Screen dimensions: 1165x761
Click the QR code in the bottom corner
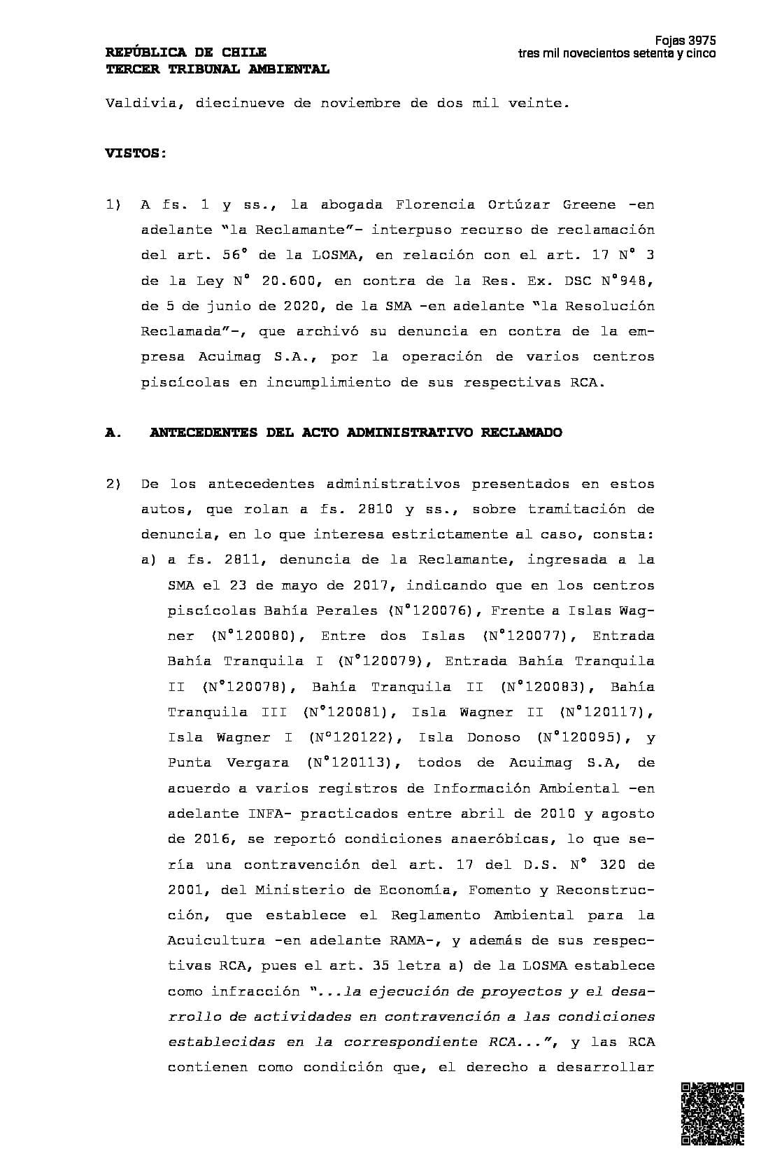(712, 1113)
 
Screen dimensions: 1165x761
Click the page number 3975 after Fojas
(702, 41)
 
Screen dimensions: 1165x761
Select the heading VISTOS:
(136, 153)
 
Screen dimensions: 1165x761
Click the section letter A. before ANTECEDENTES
(113, 433)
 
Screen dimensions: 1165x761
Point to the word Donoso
(493, 737)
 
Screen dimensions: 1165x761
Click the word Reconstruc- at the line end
(605, 890)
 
